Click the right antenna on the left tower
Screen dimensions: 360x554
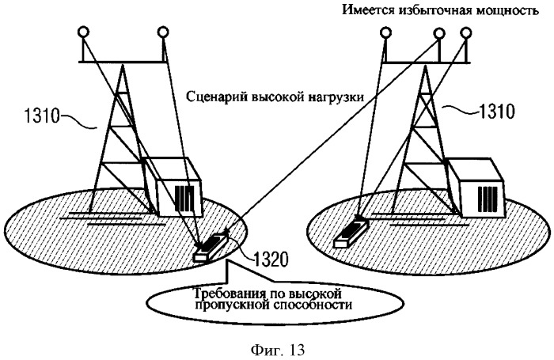163,32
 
